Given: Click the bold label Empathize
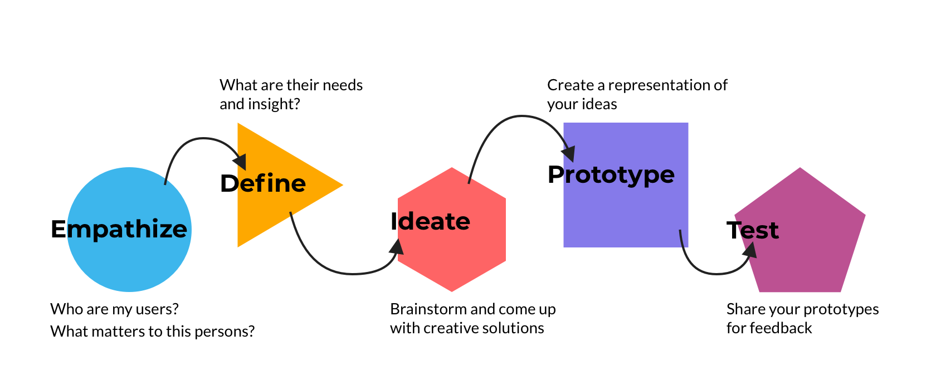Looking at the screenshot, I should (x=119, y=229).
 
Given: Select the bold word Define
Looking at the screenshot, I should (x=263, y=183).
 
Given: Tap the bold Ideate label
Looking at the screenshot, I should (x=430, y=221).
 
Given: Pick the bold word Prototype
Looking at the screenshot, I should (x=611, y=174).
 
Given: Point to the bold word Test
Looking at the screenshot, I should (x=752, y=230).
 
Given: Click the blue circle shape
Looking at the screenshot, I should (x=129, y=262).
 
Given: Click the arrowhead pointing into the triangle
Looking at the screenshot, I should (x=240, y=161).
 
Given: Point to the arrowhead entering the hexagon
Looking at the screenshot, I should (x=397, y=247).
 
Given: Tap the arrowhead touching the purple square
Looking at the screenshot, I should (x=568, y=153).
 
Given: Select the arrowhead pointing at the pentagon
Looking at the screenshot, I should (x=750, y=251).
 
